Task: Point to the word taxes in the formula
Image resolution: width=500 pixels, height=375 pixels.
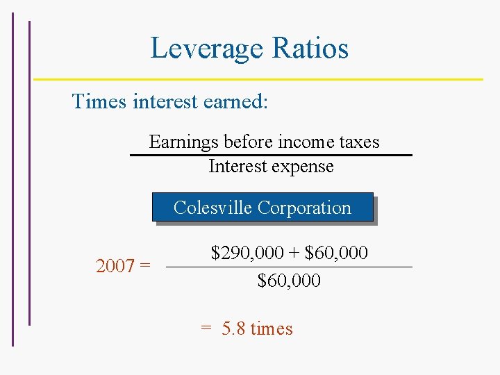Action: coord(358,142)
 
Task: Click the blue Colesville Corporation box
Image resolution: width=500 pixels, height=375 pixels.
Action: coord(262,207)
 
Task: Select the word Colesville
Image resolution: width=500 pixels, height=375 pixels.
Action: coord(212,208)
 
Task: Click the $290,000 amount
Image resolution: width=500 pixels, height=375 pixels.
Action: coord(244,253)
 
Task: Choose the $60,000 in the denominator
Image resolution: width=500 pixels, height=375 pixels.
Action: coord(289,281)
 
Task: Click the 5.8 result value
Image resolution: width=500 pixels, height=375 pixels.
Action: coord(234,328)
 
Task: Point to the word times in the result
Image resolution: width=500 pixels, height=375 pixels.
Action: coord(272,328)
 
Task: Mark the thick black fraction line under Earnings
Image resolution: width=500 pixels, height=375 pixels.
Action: coord(272,155)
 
